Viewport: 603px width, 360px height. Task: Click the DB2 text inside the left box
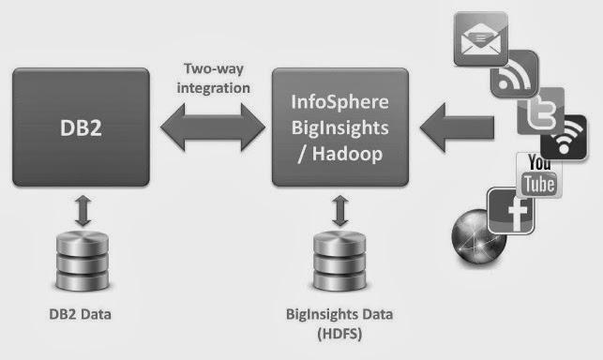[81, 127]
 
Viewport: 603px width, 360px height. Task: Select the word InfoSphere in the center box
[340, 102]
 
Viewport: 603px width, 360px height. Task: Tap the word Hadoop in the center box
[347, 154]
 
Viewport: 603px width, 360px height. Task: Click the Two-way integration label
[214, 78]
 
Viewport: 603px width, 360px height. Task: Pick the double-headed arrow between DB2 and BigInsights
[213, 127]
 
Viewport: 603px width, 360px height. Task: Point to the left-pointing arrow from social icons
[457, 127]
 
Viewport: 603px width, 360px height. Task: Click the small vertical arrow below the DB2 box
[83, 211]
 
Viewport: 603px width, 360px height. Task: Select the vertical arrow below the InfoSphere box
[340, 211]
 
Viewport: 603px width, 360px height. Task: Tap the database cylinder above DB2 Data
[83, 261]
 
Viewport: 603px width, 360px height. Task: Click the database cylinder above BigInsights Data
[339, 261]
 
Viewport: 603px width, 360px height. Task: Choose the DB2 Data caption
[80, 314]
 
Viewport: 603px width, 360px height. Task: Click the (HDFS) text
[339, 334]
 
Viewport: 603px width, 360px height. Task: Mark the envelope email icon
[481, 38]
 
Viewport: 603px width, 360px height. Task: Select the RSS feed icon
[515, 73]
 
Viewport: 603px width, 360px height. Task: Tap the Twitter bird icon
[541, 112]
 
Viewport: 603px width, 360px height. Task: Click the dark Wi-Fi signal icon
[564, 138]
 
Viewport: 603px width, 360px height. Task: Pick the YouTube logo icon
[539, 175]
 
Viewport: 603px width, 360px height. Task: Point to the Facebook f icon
[511, 211]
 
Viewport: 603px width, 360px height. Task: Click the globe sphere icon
[479, 236]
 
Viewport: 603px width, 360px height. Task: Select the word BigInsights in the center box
[340, 128]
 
